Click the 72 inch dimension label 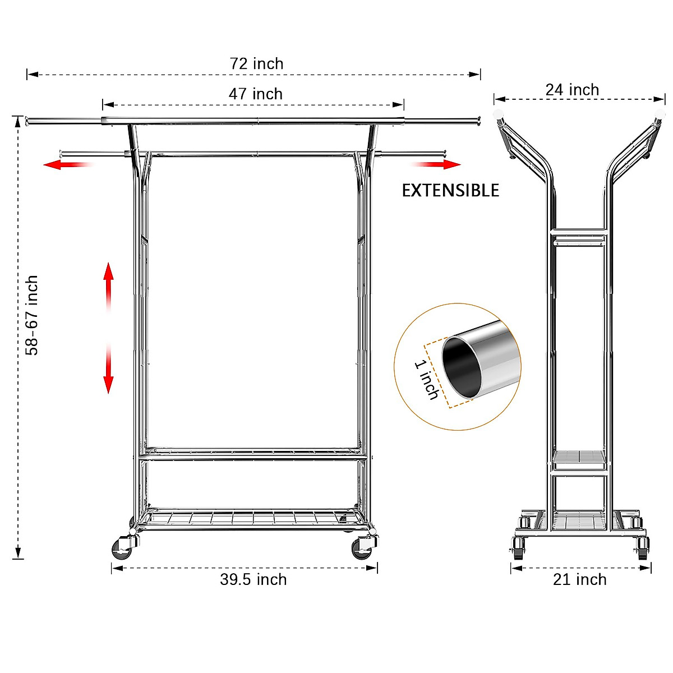[x=256, y=64]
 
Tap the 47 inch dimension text [x=255, y=94]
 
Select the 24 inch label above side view [x=572, y=90]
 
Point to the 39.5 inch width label [x=253, y=580]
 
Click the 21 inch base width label [x=580, y=580]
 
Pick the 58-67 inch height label [x=33, y=315]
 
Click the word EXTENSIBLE [x=450, y=191]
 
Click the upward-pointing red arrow [x=108, y=286]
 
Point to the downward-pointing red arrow [x=108, y=370]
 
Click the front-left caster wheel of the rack [x=122, y=548]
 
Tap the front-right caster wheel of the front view [x=363, y=548]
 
